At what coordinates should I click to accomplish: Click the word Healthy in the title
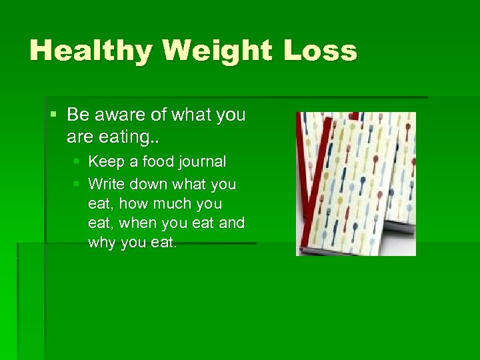click(x=87, y=51)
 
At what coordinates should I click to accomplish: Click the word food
click(x=154, y=161)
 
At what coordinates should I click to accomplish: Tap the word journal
click(x=201, y=162)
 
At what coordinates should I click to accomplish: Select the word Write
click(x=107, y=183)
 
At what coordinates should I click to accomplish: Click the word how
click(x=133, y=203)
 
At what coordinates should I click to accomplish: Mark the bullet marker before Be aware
click(x=54, y=115)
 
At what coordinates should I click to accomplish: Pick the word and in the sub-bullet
click(x=231, y=223)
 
